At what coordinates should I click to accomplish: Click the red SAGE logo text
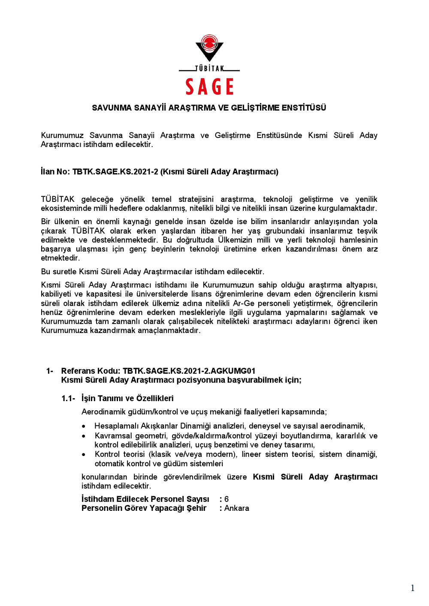click(210, 87)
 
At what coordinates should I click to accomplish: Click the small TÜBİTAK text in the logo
click(209, 69)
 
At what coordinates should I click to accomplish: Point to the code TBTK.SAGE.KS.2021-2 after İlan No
click(115, 172)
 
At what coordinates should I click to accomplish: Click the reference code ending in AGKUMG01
click(189, 371)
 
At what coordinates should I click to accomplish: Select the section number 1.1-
click(68, 399)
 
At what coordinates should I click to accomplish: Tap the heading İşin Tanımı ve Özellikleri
click(127, 399)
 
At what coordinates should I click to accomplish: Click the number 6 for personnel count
click(227, 499)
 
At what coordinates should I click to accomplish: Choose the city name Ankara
click(236, 508)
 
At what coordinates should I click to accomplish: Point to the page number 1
click(413, 588)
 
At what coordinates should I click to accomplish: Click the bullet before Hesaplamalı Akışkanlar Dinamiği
click(84, 426)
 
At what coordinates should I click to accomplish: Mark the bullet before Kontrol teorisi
click(84, 455)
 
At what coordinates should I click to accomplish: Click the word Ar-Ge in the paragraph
click(244, 303)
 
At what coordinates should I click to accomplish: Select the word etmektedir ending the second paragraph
click(60, 258)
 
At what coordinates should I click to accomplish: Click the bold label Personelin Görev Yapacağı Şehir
click(144, 508)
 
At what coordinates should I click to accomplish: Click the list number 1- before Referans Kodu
click(50, 371)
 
